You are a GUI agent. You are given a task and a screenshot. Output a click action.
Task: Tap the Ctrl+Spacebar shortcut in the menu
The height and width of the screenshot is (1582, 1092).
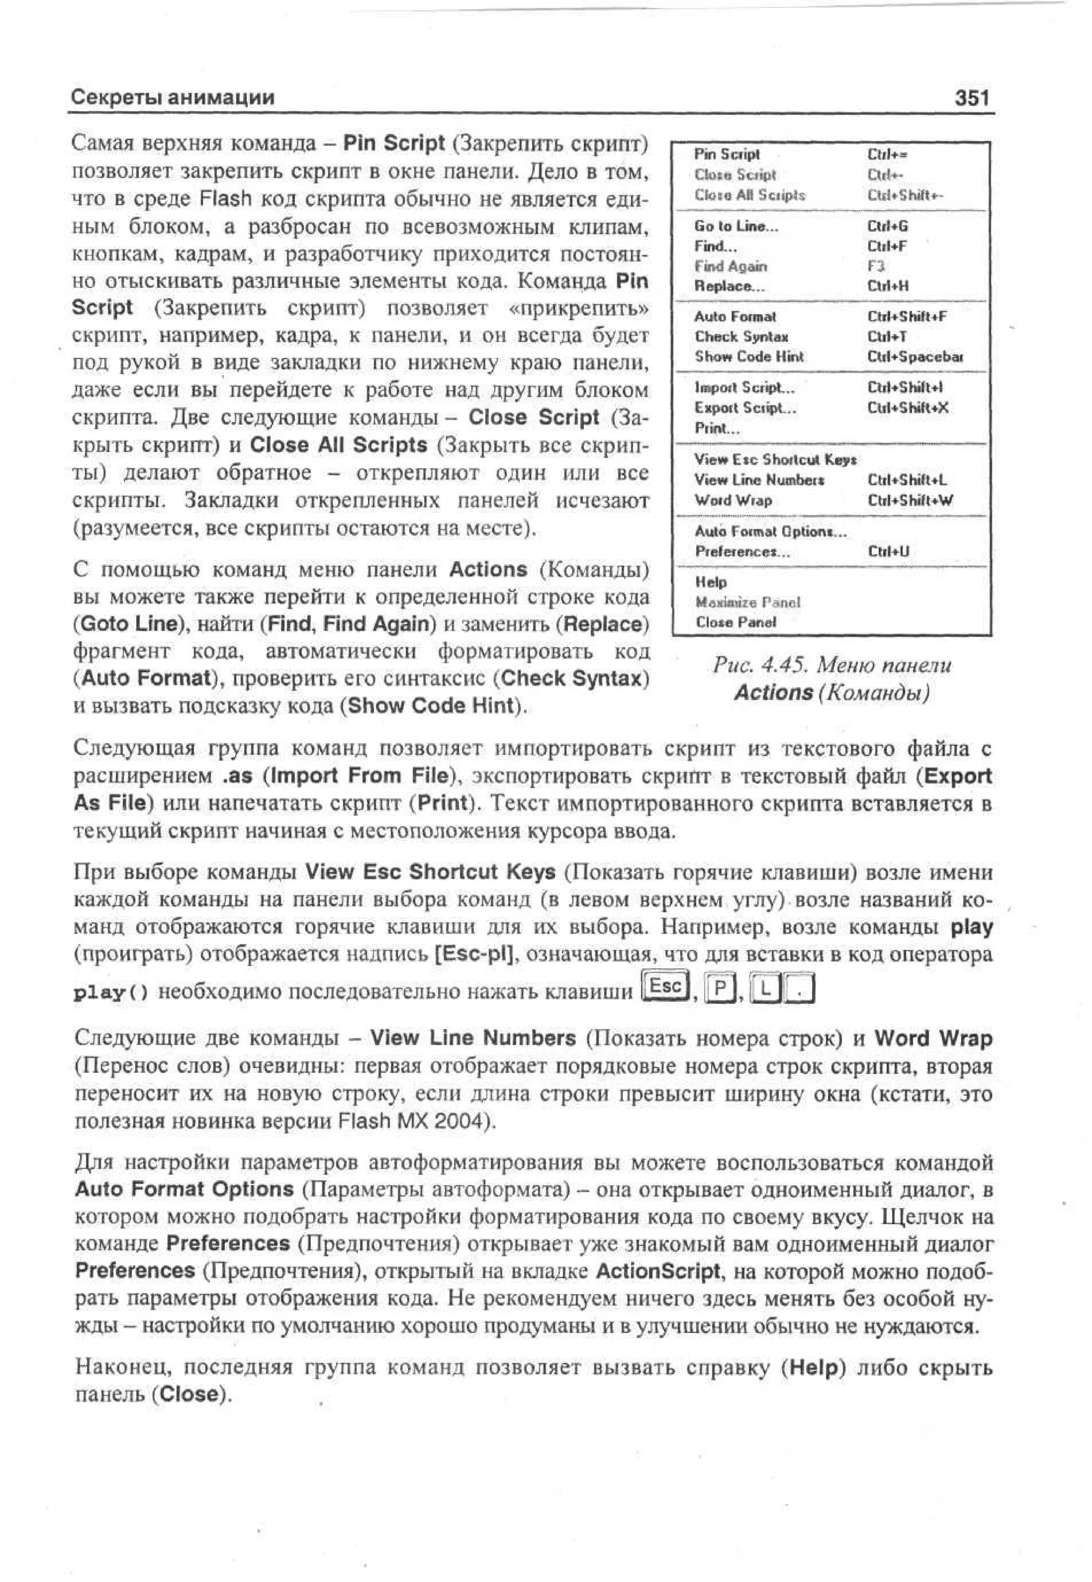pyautogui.click(x=915, y=357)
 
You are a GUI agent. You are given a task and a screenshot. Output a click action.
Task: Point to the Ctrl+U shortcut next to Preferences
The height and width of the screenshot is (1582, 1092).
pyautogui.click(x=888, y=551)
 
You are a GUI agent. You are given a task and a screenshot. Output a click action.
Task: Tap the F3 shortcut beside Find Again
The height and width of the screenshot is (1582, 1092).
pyautogui.click(x=876, y=266)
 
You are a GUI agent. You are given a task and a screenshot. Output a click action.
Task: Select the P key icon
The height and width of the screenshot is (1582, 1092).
pyautogui.click(x=719, y=988)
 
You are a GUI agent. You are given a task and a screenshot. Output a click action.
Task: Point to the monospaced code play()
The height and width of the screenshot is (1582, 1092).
pyautogui.click(x=110, y=992)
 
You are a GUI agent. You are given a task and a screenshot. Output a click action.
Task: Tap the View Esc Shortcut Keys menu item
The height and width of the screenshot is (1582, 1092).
pyautogui.click(x=775, y=459)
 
